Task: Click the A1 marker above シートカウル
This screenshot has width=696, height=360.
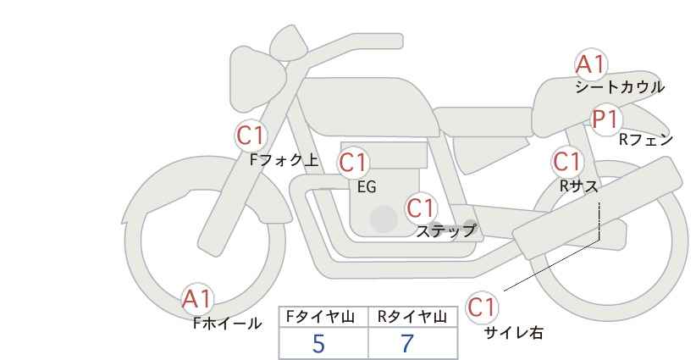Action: (590, 64)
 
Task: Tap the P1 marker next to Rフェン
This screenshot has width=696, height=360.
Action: (606, 119)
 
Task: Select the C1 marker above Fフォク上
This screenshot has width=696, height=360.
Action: (251, 136)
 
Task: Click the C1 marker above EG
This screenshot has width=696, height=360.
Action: (353, 163)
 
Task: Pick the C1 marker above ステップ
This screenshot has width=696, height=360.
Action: (421, 208)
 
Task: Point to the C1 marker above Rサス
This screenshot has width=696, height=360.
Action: (566, 162)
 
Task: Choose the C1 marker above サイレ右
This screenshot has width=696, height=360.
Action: (482, 307)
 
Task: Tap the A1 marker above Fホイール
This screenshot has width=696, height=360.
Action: (197, 299)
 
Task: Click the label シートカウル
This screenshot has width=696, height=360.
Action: (620, 87)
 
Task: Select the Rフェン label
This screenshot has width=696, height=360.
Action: (646, 140)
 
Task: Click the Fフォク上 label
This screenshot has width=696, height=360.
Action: (284, 160)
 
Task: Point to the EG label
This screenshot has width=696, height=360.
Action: (367, 187)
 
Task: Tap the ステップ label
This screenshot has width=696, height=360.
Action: (446, 231)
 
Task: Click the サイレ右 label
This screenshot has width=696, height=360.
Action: (514, 333)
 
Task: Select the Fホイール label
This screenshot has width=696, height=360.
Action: (227, 324)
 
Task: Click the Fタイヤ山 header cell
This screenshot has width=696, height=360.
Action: (323, 317)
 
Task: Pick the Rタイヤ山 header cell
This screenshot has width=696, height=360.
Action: (413, 317)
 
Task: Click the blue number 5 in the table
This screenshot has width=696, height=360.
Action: (318, 344)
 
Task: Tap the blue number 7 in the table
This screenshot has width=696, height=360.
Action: (407, 344)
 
